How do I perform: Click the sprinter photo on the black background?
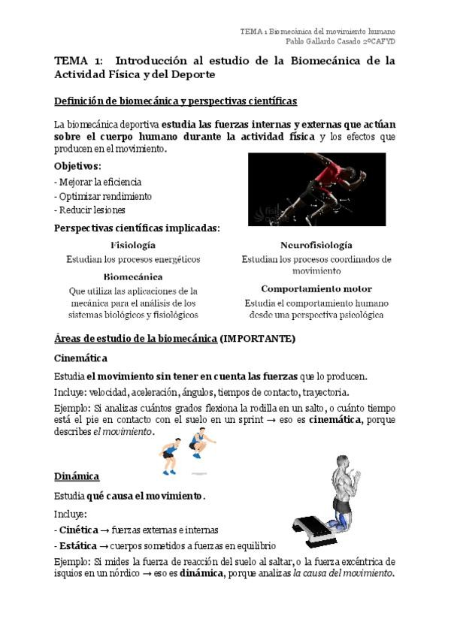coord(316,189)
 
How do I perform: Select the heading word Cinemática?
coord(81,358)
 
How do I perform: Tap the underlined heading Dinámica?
coord(77,476)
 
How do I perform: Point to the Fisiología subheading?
coord(133,246)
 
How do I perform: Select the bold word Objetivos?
coord(77,166)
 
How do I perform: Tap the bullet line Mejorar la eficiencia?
coord(98,182)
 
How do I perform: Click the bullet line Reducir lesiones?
coord(89,210)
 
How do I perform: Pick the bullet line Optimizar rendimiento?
coord(103,196)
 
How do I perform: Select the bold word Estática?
coord(78,545)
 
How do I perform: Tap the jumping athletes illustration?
coord(185,451)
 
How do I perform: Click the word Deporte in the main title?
coord(193,75)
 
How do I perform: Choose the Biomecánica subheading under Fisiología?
coord(133,276)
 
